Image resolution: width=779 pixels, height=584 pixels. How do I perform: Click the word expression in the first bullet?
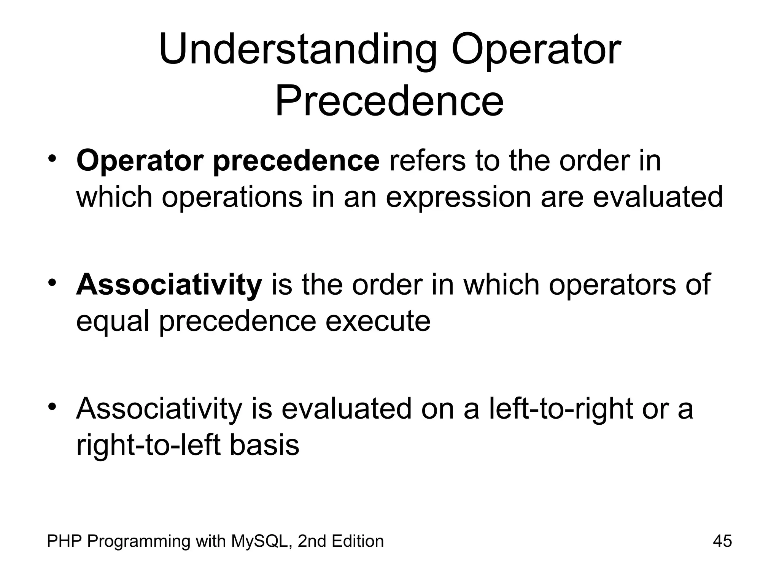point(458,198)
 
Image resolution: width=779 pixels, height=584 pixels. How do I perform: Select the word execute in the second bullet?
point(378,321)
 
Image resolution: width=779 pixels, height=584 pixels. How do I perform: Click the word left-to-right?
point(561,409)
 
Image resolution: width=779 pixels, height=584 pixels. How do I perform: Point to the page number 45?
point(722,541)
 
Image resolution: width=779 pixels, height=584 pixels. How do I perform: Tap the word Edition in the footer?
point(357,541)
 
